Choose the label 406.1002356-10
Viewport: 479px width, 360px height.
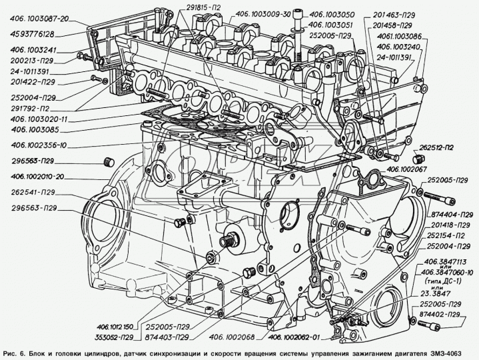39,145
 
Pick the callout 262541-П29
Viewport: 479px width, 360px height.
33,192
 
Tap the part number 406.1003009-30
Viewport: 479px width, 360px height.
250,13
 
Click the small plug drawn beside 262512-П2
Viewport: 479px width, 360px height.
418,159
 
